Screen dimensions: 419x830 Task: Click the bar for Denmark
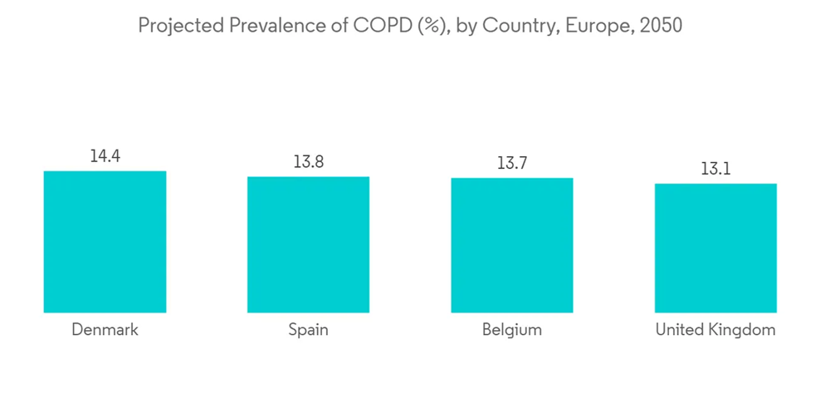(x=105, y=242)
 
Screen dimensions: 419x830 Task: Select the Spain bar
(x=308, y=244)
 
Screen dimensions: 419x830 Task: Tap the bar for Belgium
(x=512, y=245)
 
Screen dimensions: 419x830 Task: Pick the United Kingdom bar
(x=715, y=248)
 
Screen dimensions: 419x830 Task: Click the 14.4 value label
(x=105, y=155)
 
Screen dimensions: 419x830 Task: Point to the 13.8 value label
(x=308, y=161)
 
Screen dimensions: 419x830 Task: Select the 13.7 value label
(x=512, y=163)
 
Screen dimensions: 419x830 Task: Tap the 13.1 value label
(x=715, y=169)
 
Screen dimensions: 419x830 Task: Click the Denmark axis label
(x=105, y=330)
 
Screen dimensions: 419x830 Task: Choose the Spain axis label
(x=308, y=330)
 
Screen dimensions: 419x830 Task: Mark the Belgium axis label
(x=512, y=330)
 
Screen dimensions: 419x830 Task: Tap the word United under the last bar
(x=678, y=330)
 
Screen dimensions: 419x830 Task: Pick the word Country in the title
(x=522, y=26)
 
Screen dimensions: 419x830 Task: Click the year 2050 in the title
(x=659, y=26)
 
